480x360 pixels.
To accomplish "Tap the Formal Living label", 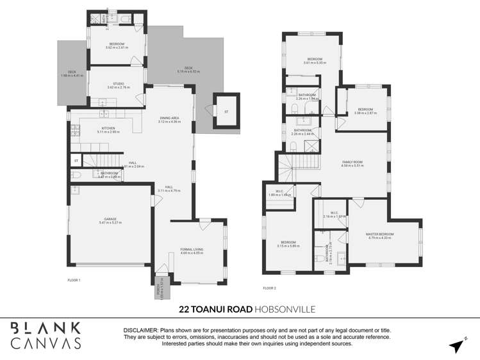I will (192, 250).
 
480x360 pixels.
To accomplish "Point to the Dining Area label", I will (170, 120).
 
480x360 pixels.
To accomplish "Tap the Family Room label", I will (352, 163).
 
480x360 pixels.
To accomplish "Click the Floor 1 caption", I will (76, 280).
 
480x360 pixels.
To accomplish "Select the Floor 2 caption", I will (269, 288).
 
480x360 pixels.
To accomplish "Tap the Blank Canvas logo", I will (46, 336).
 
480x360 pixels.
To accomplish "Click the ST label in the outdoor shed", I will (226, 112).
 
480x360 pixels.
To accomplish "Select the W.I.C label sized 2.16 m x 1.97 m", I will (334, 215).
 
